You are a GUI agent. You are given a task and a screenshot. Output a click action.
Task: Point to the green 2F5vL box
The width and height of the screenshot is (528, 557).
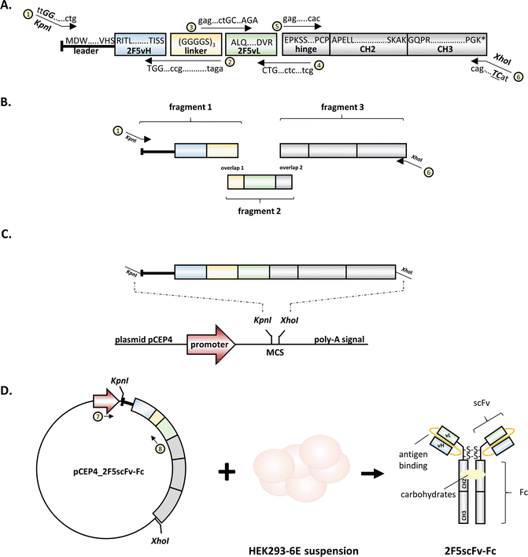pos(250,44)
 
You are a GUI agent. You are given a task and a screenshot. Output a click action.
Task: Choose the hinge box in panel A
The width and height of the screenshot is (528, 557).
pos(305,44)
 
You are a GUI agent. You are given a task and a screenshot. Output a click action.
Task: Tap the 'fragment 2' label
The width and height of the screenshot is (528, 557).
pos(260,212)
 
